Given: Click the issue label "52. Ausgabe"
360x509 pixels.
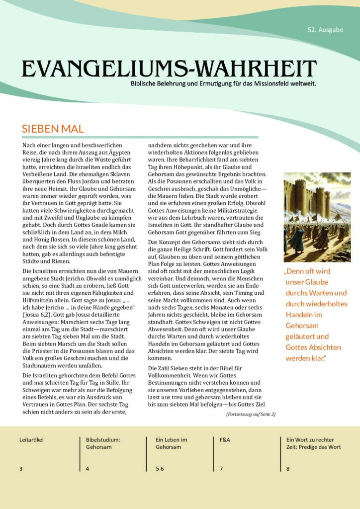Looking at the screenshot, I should [x=325, y=30].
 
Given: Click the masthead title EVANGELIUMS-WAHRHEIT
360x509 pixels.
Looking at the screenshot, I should [x=169, y=68].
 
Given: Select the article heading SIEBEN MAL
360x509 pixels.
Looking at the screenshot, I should [x=52, y=129].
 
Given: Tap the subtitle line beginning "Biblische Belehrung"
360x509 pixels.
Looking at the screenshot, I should [x=223, y=83].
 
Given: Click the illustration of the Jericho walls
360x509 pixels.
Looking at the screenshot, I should [x=317, y=217].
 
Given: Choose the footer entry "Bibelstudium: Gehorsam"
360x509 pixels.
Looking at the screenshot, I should [x=103, y=443].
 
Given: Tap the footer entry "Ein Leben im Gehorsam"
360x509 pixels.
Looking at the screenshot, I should [x=171, y=443].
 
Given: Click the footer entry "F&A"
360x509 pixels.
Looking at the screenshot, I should [x=225, y=440].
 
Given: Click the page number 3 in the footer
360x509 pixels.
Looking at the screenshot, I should [x=21, y=468].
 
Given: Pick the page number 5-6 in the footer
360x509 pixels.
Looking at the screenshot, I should [x=160, y=468].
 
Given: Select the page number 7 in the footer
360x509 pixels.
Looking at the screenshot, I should [x=221, y=468].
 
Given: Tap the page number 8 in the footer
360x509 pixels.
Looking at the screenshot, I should [x=288, y=468].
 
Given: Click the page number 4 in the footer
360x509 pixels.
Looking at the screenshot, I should [x=88, y=468].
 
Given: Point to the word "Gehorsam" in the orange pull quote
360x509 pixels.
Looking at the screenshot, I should [x=302, y=326].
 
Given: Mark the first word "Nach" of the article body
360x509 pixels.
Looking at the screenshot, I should [x=29, y=145].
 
